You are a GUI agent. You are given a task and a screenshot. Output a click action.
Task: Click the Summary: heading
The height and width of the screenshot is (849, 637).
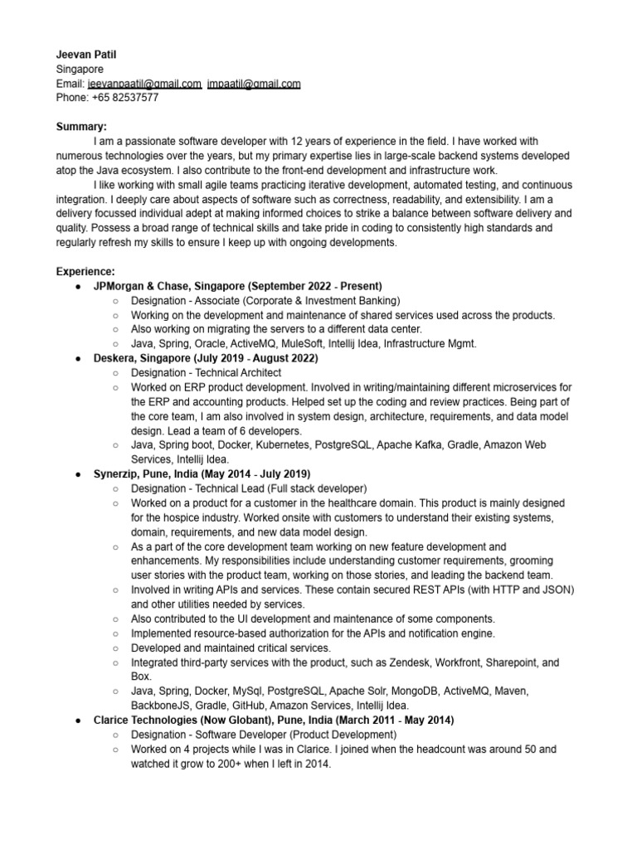pos(81,127)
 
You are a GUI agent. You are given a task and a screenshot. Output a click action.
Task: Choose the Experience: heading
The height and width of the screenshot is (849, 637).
pos(85,271)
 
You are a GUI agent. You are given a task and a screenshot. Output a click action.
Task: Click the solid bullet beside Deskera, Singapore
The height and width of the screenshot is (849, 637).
pos(77,358)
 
